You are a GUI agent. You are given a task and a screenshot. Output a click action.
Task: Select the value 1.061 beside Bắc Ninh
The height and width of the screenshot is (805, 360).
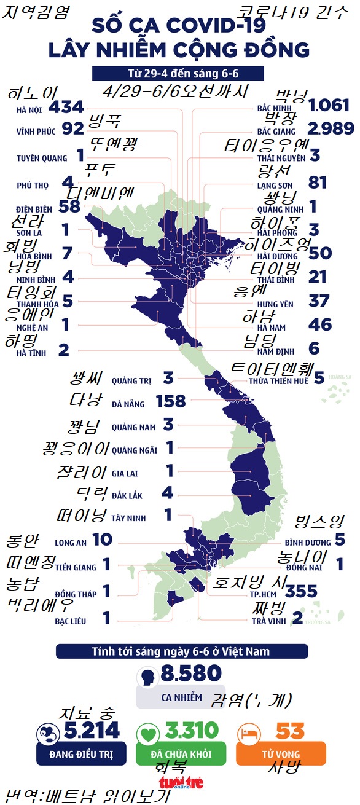tap(330, 106)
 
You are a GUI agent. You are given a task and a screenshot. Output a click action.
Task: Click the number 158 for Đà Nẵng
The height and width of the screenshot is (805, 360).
tap(171, 401)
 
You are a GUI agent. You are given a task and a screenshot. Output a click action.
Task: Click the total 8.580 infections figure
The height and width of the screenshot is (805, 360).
tap(190, 673)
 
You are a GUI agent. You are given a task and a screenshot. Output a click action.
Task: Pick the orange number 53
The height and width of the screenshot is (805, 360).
tap(290, 731)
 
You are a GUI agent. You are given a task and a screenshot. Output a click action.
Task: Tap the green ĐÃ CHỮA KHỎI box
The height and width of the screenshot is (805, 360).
tap(181, 753)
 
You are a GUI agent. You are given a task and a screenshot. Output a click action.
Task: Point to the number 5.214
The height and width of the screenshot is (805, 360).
tap(92, 731)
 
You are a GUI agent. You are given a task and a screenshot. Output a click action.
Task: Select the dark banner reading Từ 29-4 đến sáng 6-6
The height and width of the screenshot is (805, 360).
tap(178, 73)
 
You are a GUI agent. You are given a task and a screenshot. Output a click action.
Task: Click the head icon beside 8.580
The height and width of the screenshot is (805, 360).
tap(149, 678)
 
